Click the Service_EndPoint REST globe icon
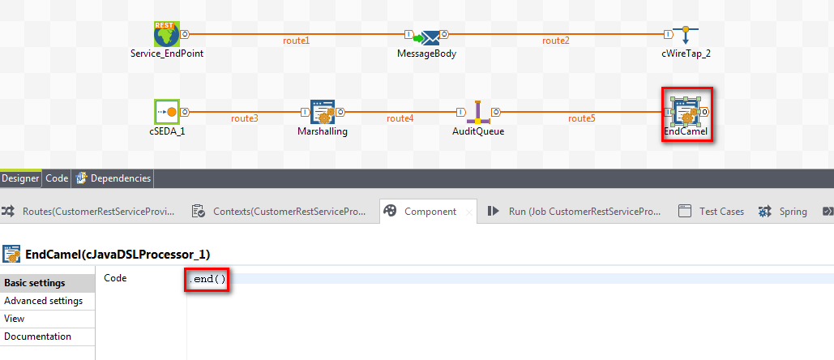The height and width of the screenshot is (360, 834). (x=166, y=35)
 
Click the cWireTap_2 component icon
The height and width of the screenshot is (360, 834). (x=686, y=36)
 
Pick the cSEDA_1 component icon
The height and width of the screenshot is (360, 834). (x=167, y=112)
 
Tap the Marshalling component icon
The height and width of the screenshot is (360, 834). (x=323, y=113)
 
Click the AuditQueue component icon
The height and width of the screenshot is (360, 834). (x=478, y=113)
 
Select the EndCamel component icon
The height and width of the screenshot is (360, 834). (x=686, y=113)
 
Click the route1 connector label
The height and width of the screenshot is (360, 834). (x=296, y=41)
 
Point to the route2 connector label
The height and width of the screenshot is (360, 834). (x=556, y=41)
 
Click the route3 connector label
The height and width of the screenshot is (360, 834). (x=245, y=118)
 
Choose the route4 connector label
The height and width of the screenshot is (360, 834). (x=400, y=118)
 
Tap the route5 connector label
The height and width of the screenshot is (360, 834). (x=581, y=118)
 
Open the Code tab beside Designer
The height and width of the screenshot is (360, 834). (x=57, y=178)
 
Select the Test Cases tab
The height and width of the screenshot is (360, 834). (x=721, y=212)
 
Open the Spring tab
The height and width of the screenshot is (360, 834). (x=793, y=212)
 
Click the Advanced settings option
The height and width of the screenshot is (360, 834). (x=43, y=301)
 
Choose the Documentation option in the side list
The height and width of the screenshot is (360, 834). (x=37, y=336)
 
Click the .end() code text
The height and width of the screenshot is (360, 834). (x=207, y=280)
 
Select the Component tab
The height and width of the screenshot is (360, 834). (x=430, y=212)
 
